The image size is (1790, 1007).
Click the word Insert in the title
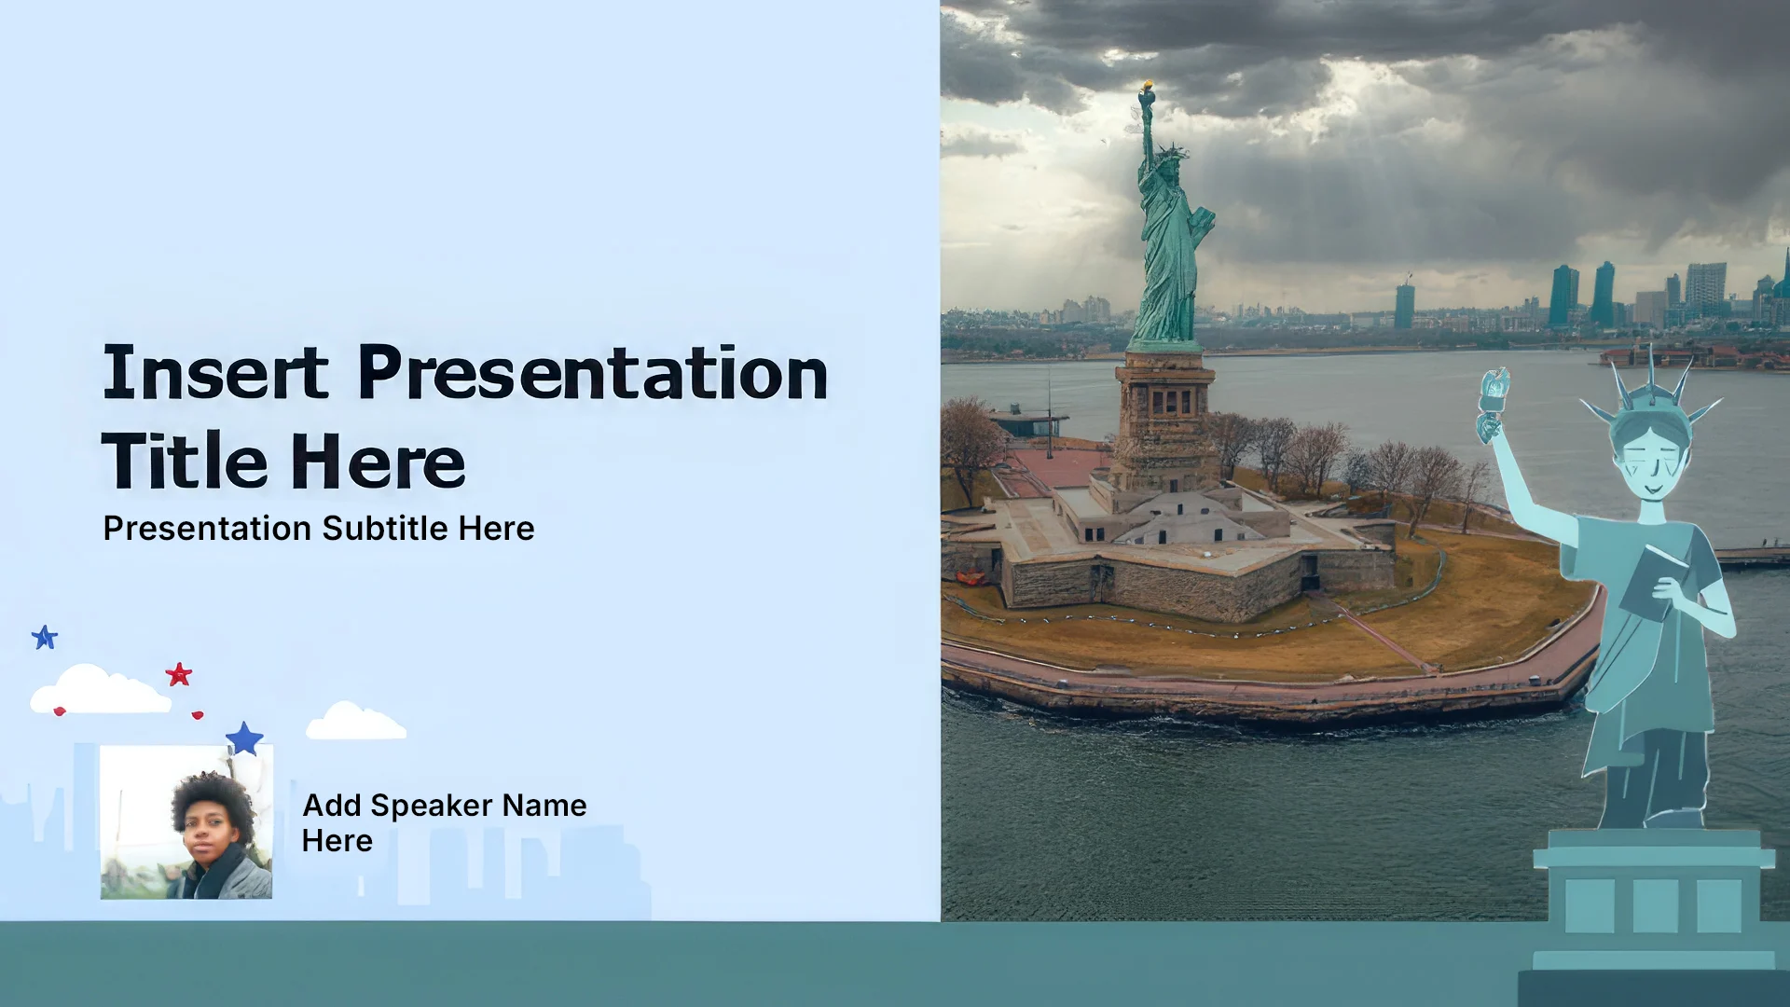215,373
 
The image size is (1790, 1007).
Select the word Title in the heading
185,461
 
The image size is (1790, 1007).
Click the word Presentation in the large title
593,373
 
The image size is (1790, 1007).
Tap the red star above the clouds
178,674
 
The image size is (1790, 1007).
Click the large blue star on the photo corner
245,738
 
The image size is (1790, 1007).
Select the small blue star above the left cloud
45,638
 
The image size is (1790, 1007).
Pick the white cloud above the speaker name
355,721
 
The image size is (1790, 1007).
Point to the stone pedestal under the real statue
1165,420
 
